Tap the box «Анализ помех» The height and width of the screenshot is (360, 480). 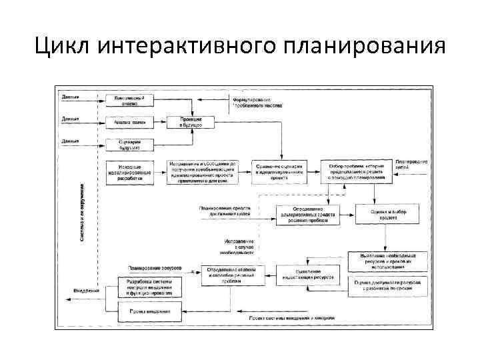coord(129,122)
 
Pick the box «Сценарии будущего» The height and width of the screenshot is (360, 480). coord(129,145)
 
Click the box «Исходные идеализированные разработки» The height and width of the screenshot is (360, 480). coord(129,172)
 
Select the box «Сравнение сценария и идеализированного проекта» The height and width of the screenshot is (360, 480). coord(279,169)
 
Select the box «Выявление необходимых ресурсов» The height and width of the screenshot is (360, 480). coord(383,260)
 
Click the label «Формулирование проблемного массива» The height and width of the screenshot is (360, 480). coord(257,102)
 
